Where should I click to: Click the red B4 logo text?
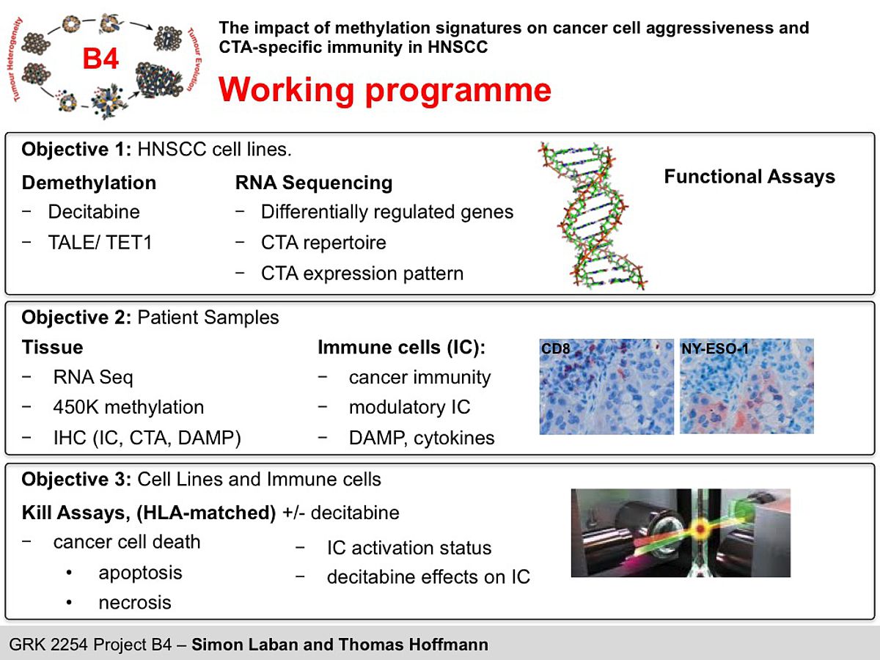tap(100, 59)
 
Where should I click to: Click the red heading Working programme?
tap(385, 90)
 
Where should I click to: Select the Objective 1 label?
tap(76, 150)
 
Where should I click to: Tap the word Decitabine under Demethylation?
tap(94, 212)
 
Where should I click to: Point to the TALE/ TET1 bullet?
tap(100, 243)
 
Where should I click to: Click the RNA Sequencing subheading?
tap(314, 183)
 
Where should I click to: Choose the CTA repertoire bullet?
tap(323, 243)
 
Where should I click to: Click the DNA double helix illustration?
tap(593, 216)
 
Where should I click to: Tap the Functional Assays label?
tap(749, 177)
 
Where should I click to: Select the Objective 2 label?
tap(76, 318)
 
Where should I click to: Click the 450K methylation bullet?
tap(128, 408)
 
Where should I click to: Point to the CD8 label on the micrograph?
tap(555, 348)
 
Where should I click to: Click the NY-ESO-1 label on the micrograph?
tap(715, 348)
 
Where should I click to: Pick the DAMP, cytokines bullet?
tap(422, 438)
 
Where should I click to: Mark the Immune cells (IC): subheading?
tap(402, 348)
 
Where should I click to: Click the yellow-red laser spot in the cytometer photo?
tap(700, 529)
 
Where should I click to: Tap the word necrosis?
tap(135, 603)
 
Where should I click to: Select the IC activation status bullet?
tap(409, 548)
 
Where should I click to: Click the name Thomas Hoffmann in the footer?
tap(414, 645)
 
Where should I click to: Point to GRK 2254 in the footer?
tap(48, 645)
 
